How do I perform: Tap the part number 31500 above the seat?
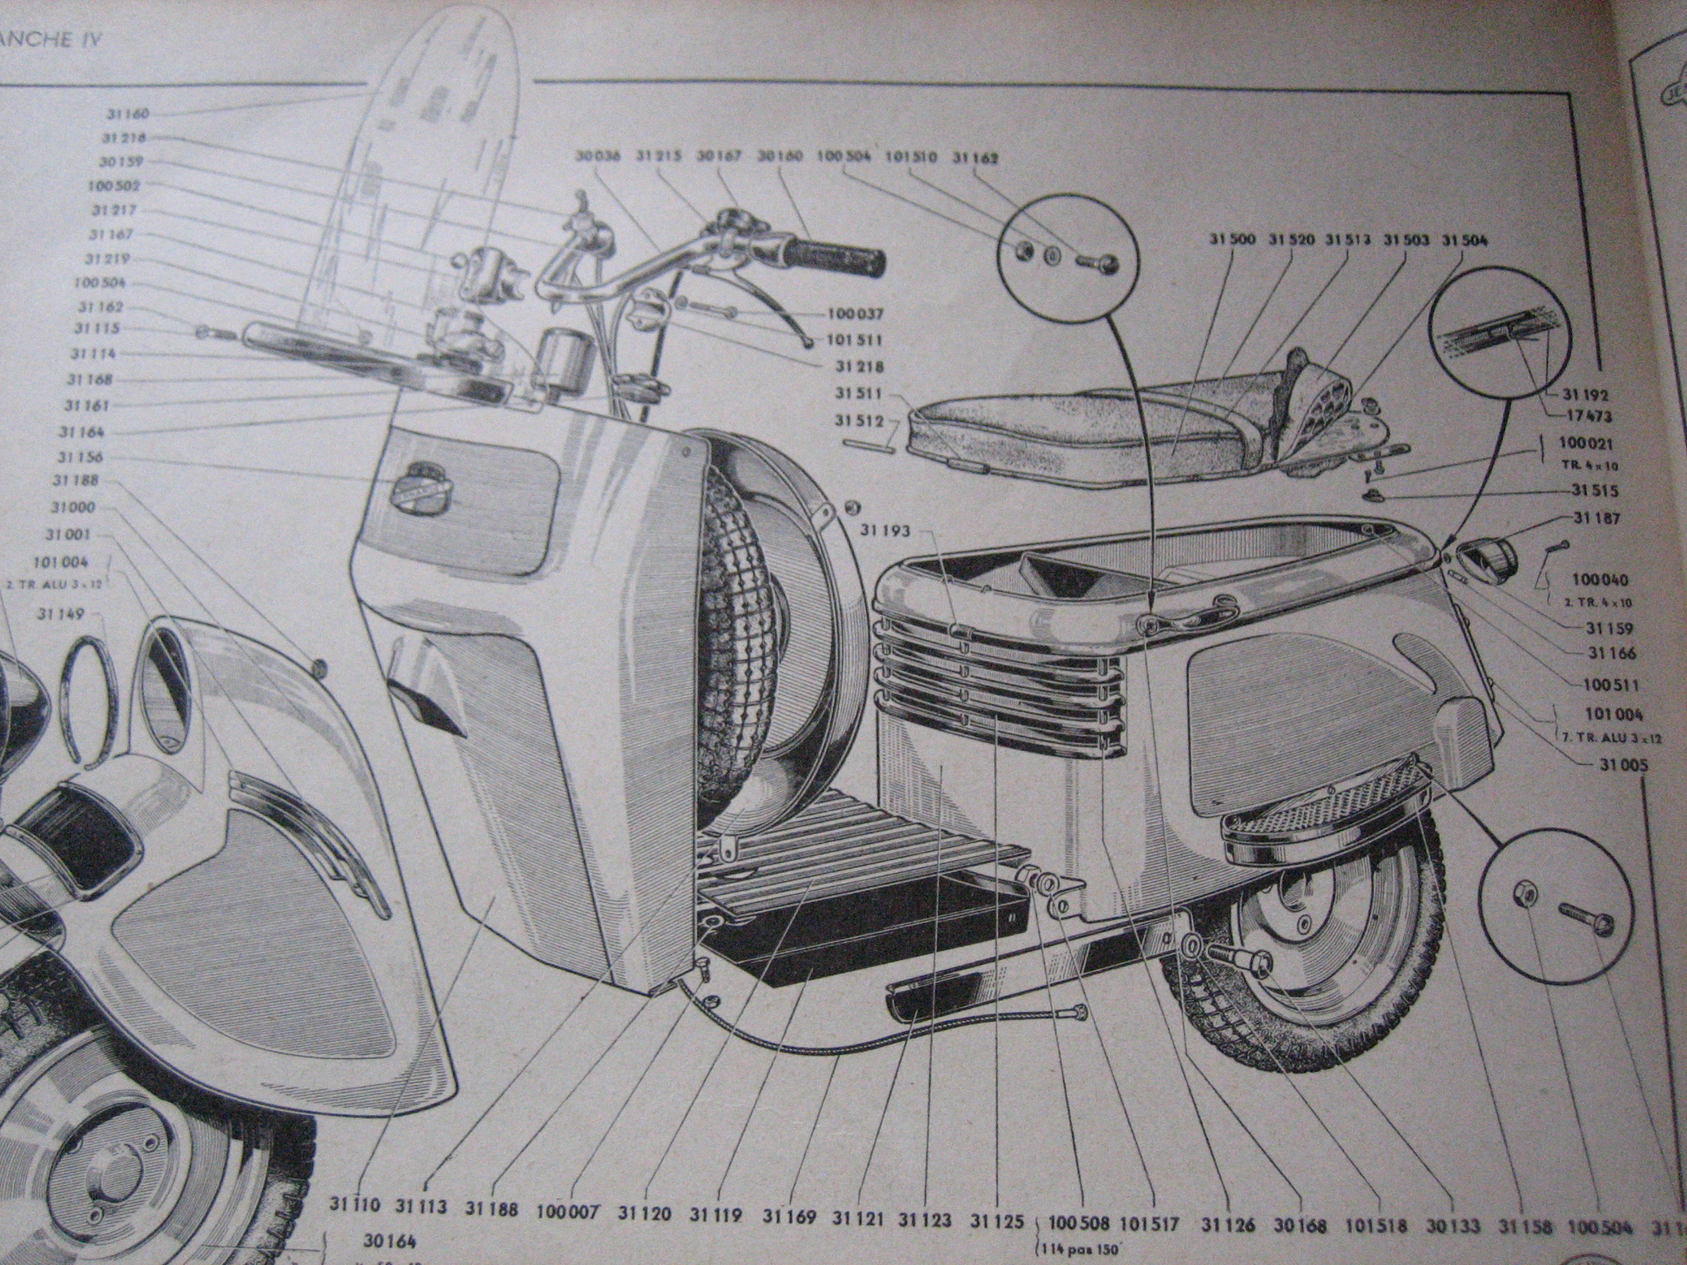(x=1231, y=239)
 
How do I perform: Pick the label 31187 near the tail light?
(x=1597, y=519)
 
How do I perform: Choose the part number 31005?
(x=1621, y=764)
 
